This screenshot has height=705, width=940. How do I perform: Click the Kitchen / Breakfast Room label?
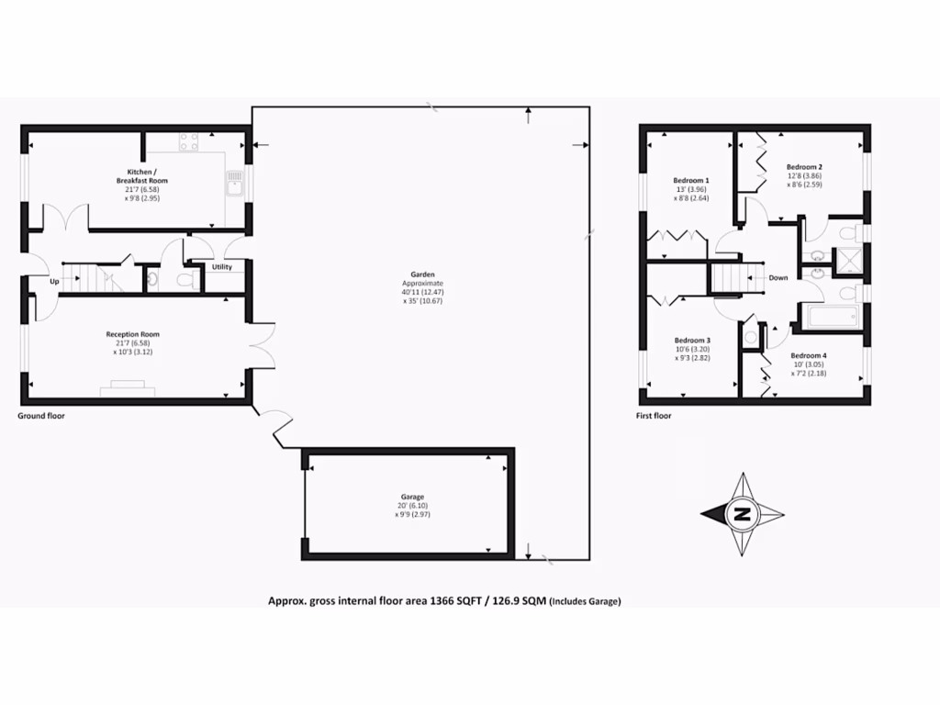[148, 176]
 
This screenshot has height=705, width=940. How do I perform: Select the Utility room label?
[222, 267]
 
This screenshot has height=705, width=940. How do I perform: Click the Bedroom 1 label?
[690, 180]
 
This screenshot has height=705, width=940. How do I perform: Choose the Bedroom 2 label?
[804, 167]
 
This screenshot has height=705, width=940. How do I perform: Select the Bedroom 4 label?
[809, 355]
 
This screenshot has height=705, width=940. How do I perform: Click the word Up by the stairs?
[53, 282]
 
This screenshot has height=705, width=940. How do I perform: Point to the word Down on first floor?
[778, 277]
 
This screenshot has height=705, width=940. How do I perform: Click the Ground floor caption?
[41, 416]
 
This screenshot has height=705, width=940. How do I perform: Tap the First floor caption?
[654, 416]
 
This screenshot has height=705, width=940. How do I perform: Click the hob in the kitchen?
[189, 141]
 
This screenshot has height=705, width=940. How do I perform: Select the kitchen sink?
[235, 185]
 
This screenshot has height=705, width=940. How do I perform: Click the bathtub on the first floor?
[831, 318]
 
